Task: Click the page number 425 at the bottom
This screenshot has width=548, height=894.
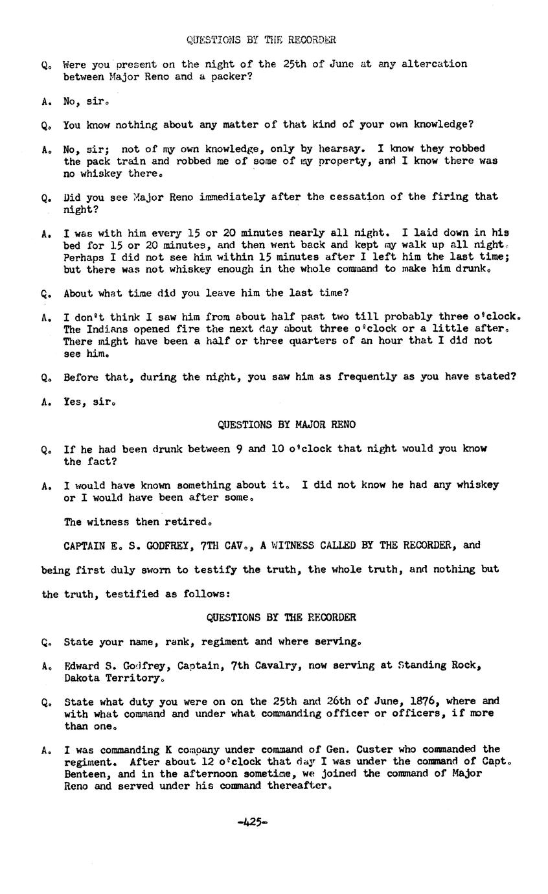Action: point(252,822)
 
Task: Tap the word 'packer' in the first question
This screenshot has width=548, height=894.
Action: point(228,76)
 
